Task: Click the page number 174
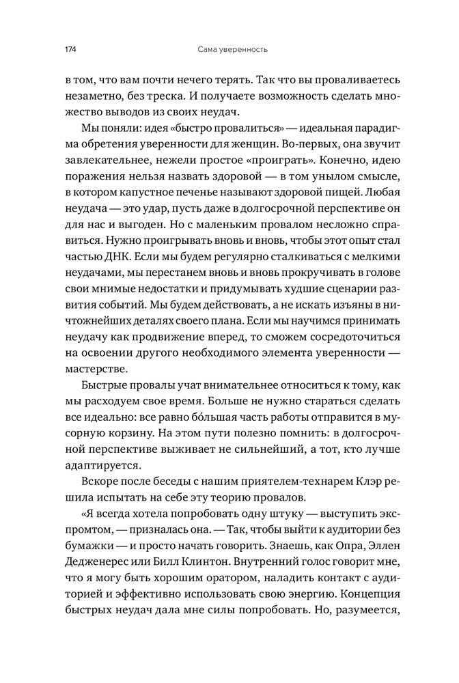coord(71,50)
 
